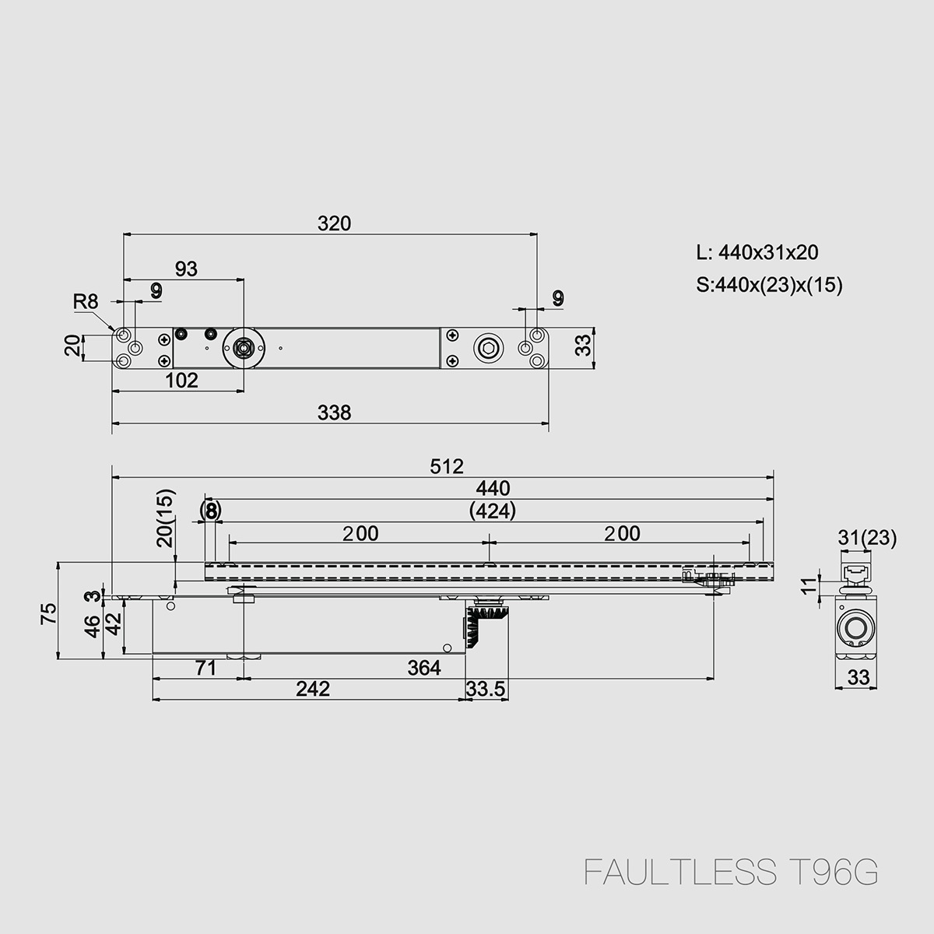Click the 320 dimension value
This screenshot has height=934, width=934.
coord(334,223)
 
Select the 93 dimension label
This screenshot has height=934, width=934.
coord(186,269)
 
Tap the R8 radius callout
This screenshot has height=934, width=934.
coord(86,301)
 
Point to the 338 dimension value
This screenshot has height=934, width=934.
coord(335,413)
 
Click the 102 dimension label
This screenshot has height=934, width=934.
coord(182,380)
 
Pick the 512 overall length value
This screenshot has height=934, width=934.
coord(448,466)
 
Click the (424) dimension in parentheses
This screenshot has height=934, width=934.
coord(493,511)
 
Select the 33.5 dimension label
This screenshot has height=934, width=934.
coord(486,689)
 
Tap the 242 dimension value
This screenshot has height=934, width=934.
coord(313,689)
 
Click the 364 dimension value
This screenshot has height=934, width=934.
coord(424,668)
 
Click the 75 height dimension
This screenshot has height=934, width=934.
coord(48,614)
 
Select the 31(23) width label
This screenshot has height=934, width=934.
coord(867,537)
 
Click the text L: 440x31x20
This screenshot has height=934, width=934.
coord(757,252)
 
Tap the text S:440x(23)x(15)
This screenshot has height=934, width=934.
coord(769,285)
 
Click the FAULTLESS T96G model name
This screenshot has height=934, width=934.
coord(731,873)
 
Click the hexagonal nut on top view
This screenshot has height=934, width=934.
coord(488,348)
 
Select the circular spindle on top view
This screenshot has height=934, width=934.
coord(244,348)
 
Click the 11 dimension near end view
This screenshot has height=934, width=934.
coord(810,584)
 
